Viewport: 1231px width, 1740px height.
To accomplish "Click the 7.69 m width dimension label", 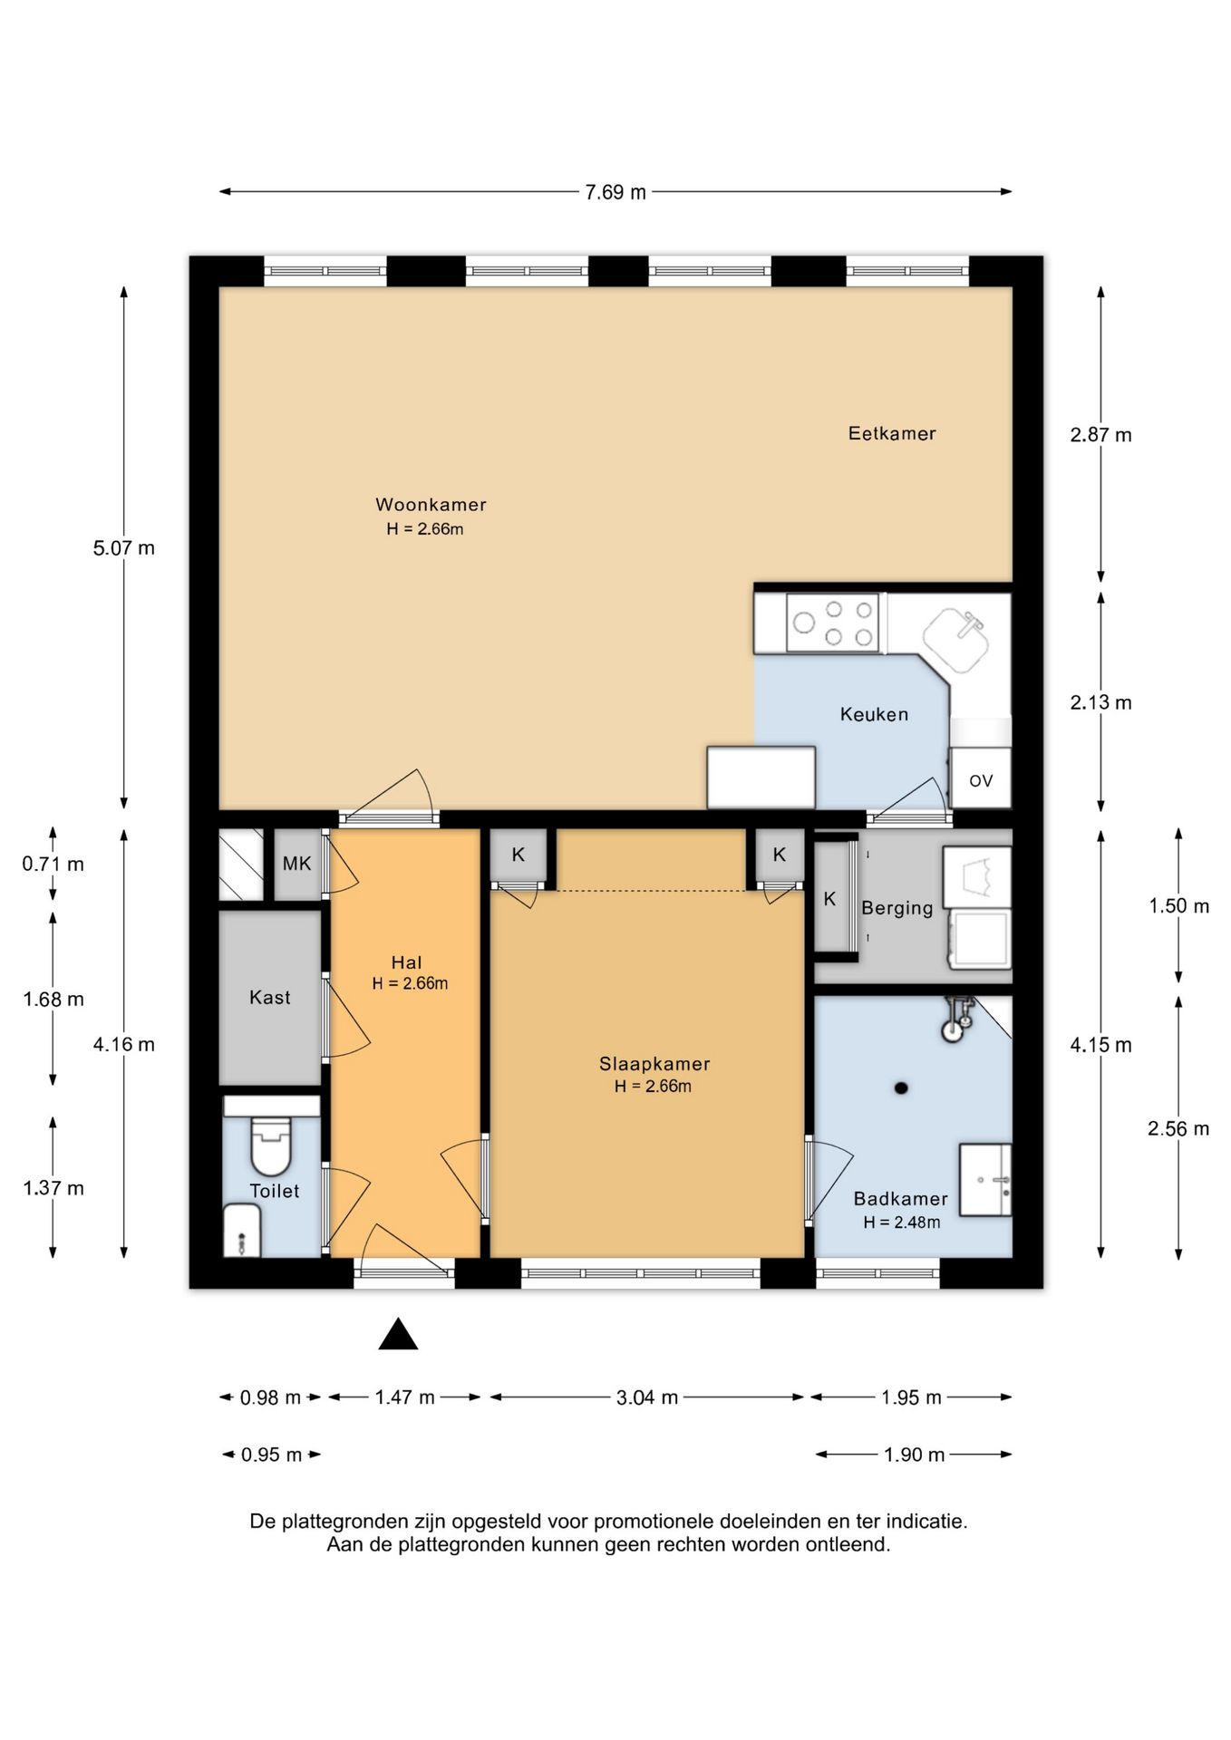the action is [615, 192].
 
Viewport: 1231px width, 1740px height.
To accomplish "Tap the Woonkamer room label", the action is [431, 505].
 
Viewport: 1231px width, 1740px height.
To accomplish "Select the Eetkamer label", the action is [892, 433].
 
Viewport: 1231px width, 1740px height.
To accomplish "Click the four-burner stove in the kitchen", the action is [832, 623].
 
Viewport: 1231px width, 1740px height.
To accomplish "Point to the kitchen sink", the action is [956, 639].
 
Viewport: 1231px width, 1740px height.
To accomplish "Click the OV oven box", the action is [980, 778].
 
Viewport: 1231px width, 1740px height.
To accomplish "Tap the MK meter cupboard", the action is [297, 864].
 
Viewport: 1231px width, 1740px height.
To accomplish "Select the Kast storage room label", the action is [269, 998].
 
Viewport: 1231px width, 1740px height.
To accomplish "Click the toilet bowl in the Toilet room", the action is [270, 1146].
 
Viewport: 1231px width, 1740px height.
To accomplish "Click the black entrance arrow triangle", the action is [398, 1334].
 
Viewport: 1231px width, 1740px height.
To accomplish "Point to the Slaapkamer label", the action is [654, 1064].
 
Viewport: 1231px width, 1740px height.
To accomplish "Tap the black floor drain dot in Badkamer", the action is [901, 1088].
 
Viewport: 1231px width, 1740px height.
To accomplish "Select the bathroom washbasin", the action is [985, 1179].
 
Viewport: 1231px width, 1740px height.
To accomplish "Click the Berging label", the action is [897, 908].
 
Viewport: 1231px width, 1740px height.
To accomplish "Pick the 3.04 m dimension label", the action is [647, 1397].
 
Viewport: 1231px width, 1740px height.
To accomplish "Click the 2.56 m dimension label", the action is [1178, 1129].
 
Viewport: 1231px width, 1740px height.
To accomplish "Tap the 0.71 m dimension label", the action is [53, 865].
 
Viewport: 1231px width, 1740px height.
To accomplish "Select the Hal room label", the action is [406, 962].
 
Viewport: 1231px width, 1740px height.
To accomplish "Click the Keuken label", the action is [874, 714].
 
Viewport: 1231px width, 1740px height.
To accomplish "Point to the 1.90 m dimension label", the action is [915, 1455].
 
